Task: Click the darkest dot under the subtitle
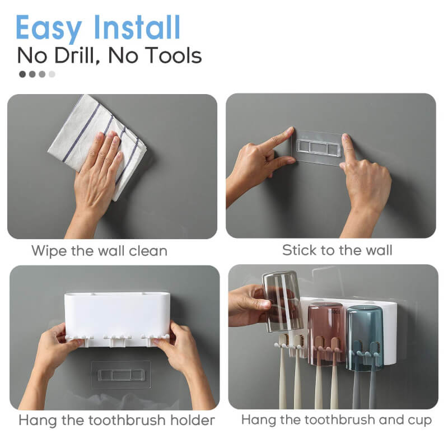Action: (22, 73)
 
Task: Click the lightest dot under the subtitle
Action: (52, 73)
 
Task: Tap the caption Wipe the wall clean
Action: (99, 250)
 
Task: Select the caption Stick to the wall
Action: (337, 250)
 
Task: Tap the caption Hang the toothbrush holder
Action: (116, 419)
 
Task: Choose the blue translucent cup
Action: (364, 336)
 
